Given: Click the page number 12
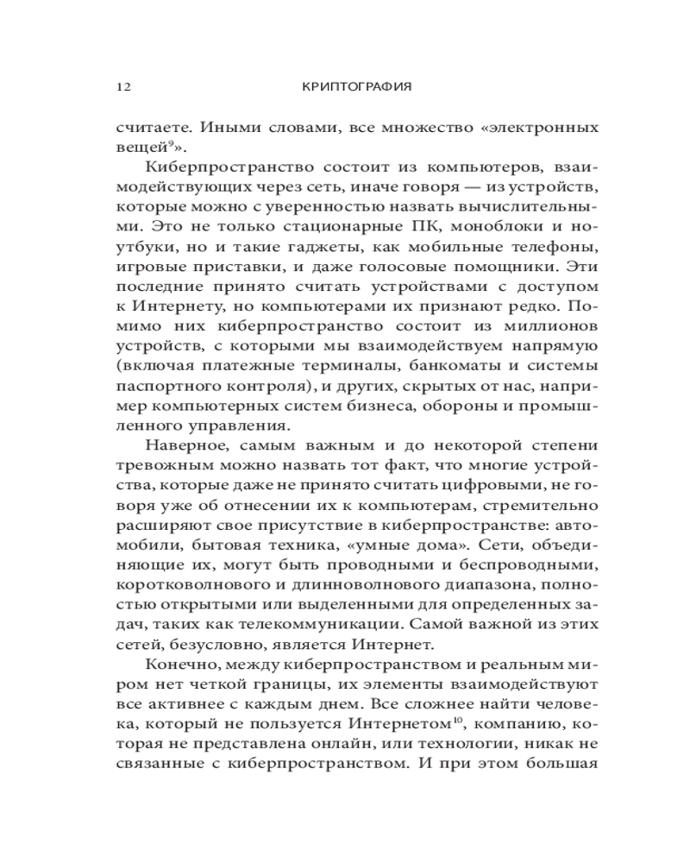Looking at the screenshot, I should point(122,87).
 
